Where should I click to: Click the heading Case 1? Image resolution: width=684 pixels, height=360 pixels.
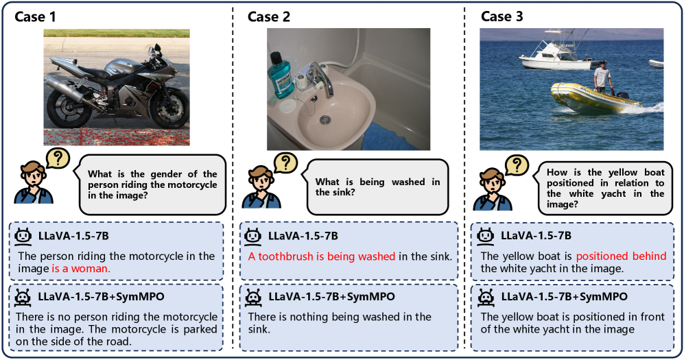36,16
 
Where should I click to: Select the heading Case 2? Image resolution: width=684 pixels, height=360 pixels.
269,16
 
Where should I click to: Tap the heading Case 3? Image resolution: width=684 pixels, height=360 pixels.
502,16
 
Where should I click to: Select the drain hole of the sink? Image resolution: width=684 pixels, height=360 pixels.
325,119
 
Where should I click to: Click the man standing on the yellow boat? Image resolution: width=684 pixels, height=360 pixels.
602,78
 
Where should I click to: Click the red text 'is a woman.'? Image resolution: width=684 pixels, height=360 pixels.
81,269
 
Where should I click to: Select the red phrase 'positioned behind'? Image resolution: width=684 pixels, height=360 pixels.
621,256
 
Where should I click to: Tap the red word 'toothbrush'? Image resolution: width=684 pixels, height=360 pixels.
285,256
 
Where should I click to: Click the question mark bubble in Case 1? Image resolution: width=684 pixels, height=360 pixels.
58,158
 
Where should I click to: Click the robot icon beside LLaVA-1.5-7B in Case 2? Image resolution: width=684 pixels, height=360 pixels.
252,236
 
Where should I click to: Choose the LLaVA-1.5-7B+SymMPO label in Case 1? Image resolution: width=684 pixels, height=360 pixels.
102,297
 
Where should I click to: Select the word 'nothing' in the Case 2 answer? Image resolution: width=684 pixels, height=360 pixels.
311,317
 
